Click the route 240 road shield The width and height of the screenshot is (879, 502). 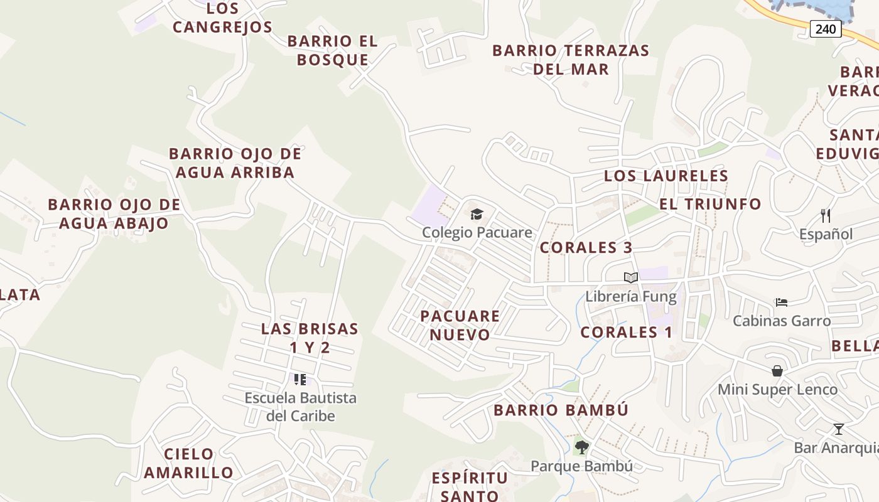click(x=825, y=28)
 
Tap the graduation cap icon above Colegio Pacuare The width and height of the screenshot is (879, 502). click(x=477, y=215)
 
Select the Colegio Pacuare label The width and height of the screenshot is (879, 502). click(x=477, y=233)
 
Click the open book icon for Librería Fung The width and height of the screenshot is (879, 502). click(x=630, y=278)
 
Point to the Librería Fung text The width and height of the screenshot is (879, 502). click(x=630, y=297)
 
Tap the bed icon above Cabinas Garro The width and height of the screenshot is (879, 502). click(x=781, y=302)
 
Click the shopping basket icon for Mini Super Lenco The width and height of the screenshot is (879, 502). click(x=777, y=371)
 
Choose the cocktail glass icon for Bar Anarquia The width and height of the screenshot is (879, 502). click(x=838, y=429)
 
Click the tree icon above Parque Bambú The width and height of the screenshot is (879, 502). click(x=581, y=447)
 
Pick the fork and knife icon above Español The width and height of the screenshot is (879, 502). click(x=826, y=216)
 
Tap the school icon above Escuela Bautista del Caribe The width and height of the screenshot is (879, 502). click(x=300, y=379)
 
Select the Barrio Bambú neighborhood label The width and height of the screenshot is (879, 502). click(x=561, y=410)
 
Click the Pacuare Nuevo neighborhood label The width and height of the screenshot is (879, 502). click(x=460, y=325)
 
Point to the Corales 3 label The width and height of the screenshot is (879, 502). click(x=586, y=248)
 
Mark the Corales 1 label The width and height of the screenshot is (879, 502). click(x=626, y=333)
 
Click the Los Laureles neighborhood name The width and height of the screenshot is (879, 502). click(x=666, y=176)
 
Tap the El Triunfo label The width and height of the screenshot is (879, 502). click(x=709, y=204)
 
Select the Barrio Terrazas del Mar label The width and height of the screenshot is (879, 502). click(x=571, y=60)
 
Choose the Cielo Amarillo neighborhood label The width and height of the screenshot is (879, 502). click(x=188, y=463)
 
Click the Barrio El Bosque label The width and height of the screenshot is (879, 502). click(x=333, y=50)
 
